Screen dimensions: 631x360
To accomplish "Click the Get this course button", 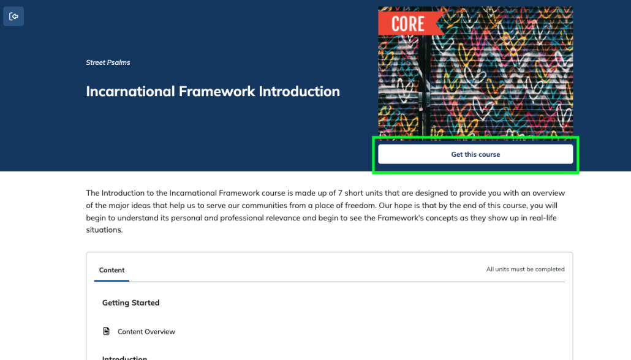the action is pos(475,154).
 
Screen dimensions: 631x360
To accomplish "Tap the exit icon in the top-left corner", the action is pos(13,17).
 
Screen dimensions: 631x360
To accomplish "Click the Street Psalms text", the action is pos(108,62).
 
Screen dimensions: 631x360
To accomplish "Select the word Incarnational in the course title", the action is pos(130,91).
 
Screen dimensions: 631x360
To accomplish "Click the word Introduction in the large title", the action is pos(300,91).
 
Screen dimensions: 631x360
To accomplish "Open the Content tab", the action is pos(112,270).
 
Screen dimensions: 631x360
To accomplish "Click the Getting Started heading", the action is pos(130,302).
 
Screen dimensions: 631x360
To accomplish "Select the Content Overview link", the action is pos(146,331).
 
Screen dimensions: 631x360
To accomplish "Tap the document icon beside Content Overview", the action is pos(106,331).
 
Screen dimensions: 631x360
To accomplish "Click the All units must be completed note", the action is pos(525,269).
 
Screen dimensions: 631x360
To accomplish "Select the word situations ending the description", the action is pos(104,230).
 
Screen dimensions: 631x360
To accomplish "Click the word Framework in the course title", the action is pos(217,91).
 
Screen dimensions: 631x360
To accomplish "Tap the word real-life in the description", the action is pos(542,218).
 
